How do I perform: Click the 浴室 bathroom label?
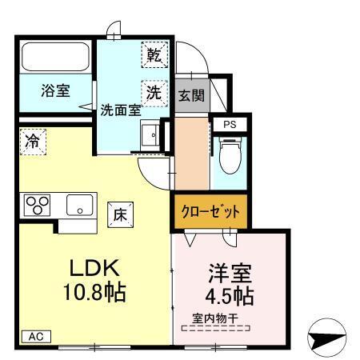(54, 90)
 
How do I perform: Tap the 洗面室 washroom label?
(120, 111)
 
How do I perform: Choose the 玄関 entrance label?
(190, 95)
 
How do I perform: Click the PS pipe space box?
(230, 124)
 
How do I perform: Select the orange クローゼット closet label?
(208, 212)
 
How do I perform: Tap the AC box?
(35, 337)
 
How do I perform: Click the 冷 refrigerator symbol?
(33, 141)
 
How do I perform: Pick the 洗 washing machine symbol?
(154, 90)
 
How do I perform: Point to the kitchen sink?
(79, 206)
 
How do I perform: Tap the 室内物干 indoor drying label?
(214, 318)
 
